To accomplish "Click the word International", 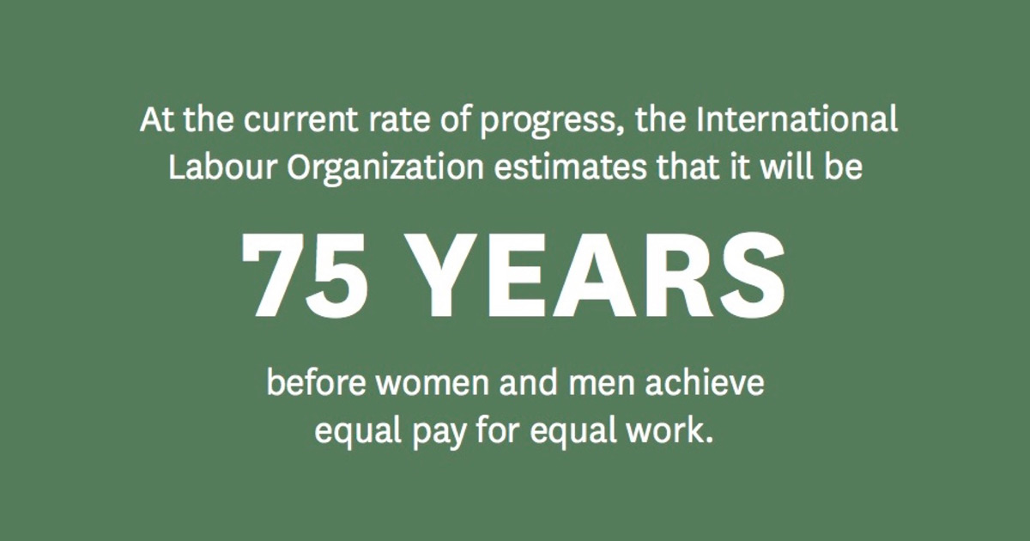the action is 797,119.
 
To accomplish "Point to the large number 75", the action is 306,276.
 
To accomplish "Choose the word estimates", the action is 570,167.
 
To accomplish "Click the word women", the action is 433,384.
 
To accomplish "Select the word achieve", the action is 705,381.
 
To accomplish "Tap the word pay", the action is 439,435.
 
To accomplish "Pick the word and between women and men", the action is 529,381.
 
